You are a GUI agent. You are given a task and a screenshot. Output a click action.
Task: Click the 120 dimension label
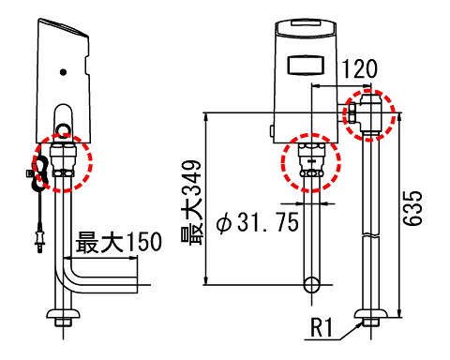(360, 68)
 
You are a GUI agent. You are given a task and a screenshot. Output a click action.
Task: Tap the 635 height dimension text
(412, 208)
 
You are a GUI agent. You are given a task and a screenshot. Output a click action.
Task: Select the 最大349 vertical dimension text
(191, 202)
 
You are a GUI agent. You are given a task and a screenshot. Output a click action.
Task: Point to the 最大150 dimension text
(118, 242)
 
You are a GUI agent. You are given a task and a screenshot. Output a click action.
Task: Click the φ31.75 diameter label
(257, 222)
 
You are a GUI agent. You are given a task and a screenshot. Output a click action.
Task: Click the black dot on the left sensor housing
(63, 72)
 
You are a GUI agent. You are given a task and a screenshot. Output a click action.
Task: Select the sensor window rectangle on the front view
(305, 65)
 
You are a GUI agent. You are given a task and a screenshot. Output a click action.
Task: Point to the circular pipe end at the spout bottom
(312, 285)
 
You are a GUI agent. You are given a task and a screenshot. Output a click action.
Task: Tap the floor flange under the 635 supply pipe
(371, 313)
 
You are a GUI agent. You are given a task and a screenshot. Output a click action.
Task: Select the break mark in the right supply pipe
(371, 234)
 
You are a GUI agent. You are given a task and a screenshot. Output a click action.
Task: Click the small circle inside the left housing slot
(64, 128)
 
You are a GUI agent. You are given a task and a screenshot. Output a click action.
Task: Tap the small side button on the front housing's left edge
(272, 130)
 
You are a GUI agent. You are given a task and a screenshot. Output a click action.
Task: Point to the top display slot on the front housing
(306, 22)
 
